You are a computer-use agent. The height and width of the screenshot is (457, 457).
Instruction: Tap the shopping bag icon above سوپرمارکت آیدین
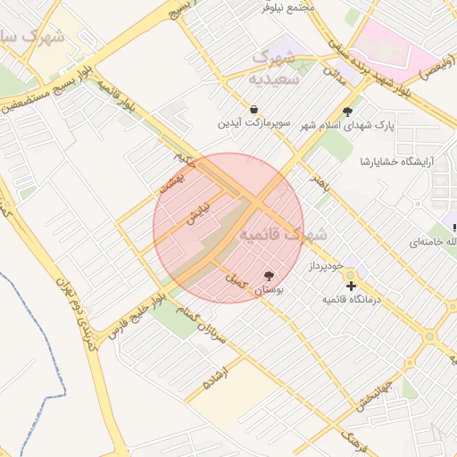point(254,109)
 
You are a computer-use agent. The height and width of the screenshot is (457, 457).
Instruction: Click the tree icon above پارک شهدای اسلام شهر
point(347,112)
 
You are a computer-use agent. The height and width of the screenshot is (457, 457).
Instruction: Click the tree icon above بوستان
point(269,276)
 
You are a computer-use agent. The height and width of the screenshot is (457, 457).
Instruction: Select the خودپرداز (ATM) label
point(326,266)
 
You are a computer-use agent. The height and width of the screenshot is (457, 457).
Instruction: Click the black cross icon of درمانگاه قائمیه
point(351,286)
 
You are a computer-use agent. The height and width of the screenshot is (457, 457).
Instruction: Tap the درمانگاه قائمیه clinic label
point(351,300)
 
